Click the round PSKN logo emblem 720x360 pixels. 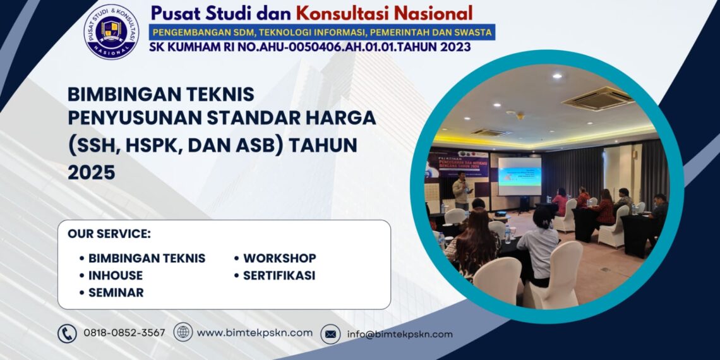(112, 32)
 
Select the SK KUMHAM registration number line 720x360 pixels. (310, 47)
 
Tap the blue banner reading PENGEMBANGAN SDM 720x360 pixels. (321, 32)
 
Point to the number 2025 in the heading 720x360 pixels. (92, 172)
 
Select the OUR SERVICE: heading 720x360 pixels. (109, 234)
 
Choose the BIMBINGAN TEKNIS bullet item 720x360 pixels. (147, 258)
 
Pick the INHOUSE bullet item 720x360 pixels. (115, 275)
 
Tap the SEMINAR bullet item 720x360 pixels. (116, 292)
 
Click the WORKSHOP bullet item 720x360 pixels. (279, 258)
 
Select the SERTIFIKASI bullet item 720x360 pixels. (279, 275)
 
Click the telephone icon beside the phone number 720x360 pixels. (67, 333)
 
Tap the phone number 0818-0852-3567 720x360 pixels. (124, 333)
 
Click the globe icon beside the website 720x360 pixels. (183, 332)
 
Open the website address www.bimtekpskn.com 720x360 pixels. (255, 333)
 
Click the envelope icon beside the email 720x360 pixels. (330, 334)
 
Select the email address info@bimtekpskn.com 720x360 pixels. (400, 334)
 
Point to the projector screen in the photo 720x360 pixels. (519, 176)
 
